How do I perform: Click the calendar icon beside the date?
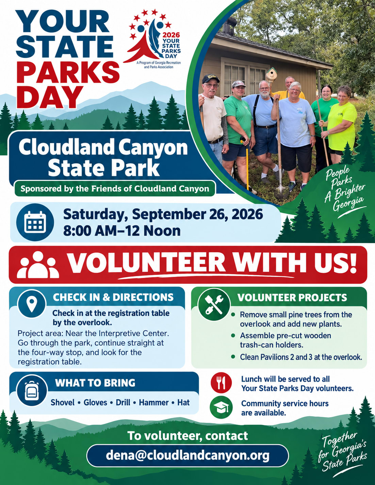(x=35, y=222)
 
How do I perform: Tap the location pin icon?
(x=32, y=303)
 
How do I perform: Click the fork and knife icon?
(x=221, y=383)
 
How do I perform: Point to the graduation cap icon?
(x=221, y=407)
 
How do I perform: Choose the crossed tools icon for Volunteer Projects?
(x=214, y=304)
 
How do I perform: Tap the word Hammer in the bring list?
(x=154, y=402)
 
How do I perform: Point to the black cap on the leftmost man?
(x=210, y=79)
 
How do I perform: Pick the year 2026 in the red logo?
(x=171, y=35)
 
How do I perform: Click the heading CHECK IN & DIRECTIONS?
(x=113, y=297)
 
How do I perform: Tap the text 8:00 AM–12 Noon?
(x=122, y=231)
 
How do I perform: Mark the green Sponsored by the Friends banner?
(x=115, y=189)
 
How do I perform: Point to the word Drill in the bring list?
(x=123, y=402)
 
